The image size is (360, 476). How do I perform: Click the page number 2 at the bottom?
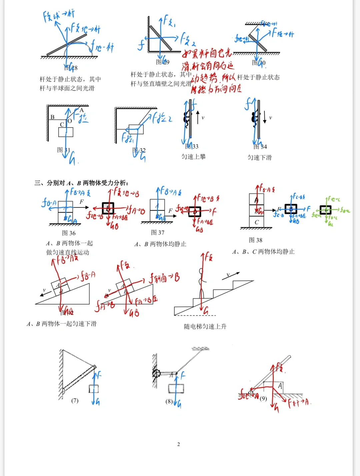(x=178, y=444)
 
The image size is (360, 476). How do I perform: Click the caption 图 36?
(x=69, y=233)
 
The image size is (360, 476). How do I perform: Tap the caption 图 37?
(x=157, y=232)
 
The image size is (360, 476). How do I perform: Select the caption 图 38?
(x=256, y=240)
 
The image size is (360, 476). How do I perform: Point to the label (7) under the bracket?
(x=75, y=400)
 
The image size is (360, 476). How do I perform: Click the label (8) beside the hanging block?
(x=169, y=401)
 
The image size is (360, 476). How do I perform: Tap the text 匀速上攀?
(x=193, y=156)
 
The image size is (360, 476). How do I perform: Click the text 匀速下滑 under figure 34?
(x=259, y=157)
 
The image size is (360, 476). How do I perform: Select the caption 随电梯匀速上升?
(x=205, y=326)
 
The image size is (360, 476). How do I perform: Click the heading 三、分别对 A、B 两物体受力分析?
(x=81, y=183)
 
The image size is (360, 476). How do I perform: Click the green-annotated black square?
(x=325, y=210)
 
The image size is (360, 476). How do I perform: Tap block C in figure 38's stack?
(x=257, y=222)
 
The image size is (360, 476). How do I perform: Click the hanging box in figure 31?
(x=66, y=132)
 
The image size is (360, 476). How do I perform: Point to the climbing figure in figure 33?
(x=187, y=118)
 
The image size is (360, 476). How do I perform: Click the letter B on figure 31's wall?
(x=52, y=117)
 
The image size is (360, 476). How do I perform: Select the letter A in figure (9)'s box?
(x=280, y=386)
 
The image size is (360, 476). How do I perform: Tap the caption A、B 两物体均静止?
(x=160, y=244)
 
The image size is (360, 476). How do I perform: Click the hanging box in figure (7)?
(x=94, y=389)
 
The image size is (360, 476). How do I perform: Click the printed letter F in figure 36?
(x=81, y=201)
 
